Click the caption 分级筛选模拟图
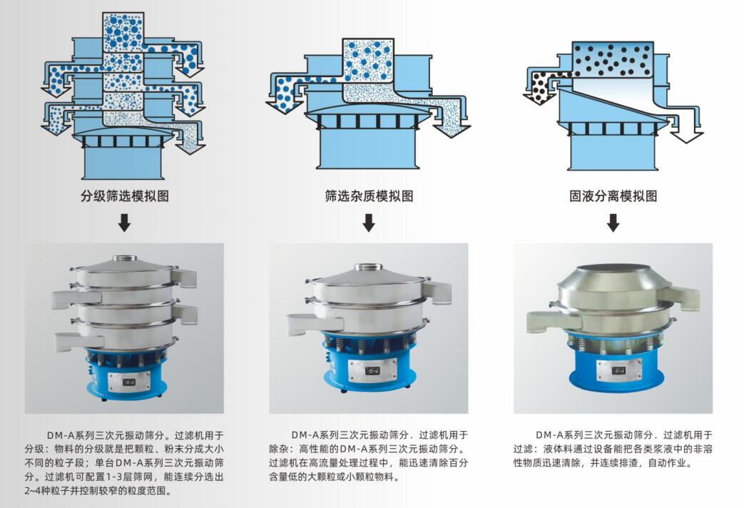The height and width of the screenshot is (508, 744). [125, 195]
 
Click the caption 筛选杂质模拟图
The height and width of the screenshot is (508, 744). [369, 195]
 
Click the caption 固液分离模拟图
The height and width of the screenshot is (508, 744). [613, 195]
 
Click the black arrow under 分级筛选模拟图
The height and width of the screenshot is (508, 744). [124, 223]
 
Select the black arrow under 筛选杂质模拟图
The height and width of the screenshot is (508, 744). [369, 223]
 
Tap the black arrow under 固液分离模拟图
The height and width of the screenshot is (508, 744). [613, 223]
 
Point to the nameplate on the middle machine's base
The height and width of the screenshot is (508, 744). [372, 370]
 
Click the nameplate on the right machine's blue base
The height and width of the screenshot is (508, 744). [618, 370]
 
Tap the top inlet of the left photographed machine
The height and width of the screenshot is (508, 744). [124, 259]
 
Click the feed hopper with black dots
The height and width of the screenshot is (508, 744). [613, 59]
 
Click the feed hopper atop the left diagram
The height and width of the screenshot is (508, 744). [123, 32]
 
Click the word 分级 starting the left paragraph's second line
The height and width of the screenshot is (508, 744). [34, 449]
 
